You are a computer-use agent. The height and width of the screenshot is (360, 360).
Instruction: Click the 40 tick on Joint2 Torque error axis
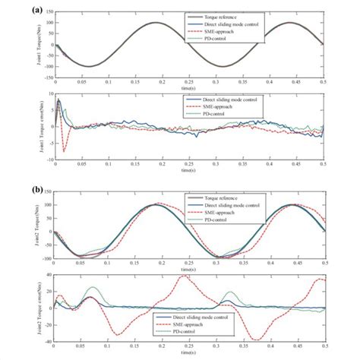[x=49, y=275]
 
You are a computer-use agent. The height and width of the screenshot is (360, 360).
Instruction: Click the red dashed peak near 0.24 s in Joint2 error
[x=183, y=276]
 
